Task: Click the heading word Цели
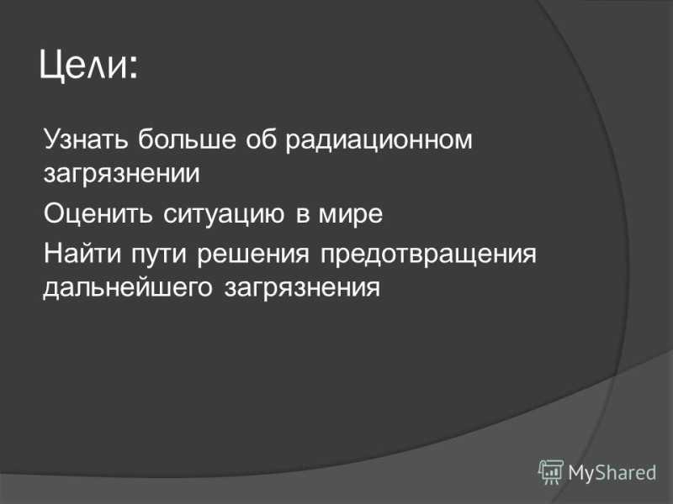click(82, 66)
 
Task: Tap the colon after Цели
click(133, 69)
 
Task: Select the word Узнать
click(86, 139)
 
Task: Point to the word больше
click(187, 139)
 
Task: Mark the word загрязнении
click(121, 175)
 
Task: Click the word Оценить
click(98, 213)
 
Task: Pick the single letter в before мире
click(303, 215)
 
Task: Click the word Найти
click(82, 253)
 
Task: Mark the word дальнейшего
click(128, 288)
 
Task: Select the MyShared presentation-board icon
click(551, 471)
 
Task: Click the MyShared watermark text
click(612, 473)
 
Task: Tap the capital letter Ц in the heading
click(52, 66)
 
